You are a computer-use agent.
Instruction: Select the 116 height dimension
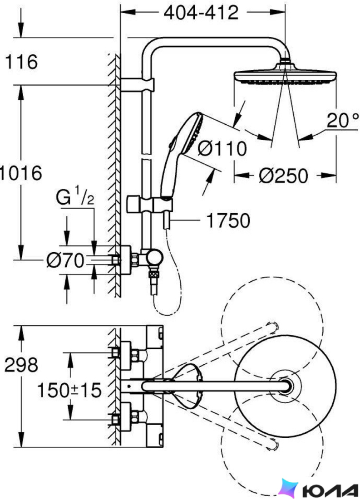(x=21, y=62)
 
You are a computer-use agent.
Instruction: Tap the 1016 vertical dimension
(x=21, y=173)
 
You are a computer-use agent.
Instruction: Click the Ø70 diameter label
(x=65, y=261)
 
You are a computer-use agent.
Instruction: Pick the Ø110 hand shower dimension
(x=222, y=148)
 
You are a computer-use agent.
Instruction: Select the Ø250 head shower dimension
(x=283, y=176)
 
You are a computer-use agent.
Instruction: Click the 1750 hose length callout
(x=228, y=220)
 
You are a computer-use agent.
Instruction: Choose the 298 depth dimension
(x=21, y=365)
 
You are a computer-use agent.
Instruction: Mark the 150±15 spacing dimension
(x=69, y=390)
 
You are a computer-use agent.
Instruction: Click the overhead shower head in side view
(x=285, y=75)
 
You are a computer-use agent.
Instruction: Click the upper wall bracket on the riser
(x=137, y=85)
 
